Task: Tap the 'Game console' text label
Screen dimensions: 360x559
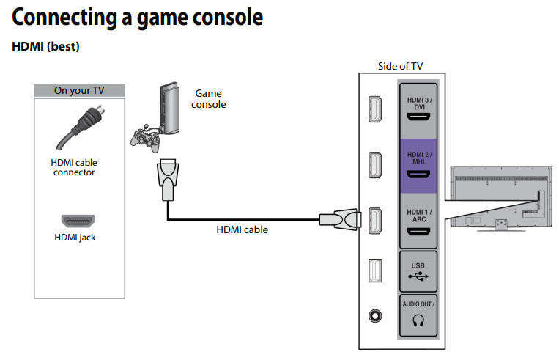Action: tap(209, 99)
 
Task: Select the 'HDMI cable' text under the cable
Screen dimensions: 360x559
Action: tap(242, 229)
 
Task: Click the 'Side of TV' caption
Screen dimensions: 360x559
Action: tap(400, 66)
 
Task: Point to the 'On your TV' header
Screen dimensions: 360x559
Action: tap(79, 91)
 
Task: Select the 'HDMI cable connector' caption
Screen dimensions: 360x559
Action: tap(73, 167)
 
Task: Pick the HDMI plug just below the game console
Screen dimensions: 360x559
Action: tap(167, 177)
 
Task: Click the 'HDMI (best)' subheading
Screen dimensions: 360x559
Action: tap(45, 46)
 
